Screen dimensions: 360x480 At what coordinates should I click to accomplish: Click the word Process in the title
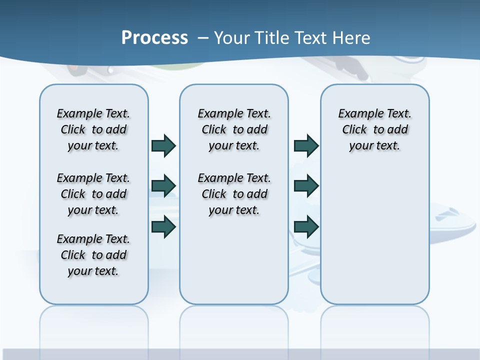coord(154,38)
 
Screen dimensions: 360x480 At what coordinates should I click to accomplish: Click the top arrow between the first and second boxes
coord(163,146)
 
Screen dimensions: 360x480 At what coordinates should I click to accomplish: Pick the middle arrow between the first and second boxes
coord(163,186)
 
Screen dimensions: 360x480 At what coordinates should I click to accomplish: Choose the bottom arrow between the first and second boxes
coord(163,227)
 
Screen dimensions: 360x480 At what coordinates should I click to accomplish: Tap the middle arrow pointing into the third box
coord(306,186)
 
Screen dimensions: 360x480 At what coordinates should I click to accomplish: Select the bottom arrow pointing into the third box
coord(306,227)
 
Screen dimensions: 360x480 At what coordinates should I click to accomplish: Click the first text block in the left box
coord(93,129)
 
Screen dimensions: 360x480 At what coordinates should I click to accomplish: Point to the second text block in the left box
coord(93,194)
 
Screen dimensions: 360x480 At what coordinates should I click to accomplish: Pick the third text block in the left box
coord(93,255)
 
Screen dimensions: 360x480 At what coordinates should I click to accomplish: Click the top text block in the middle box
coord(234,129)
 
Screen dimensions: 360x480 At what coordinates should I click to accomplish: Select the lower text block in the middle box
coord(234,194)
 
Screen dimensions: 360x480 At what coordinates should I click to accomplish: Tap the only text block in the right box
coord(374,129)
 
